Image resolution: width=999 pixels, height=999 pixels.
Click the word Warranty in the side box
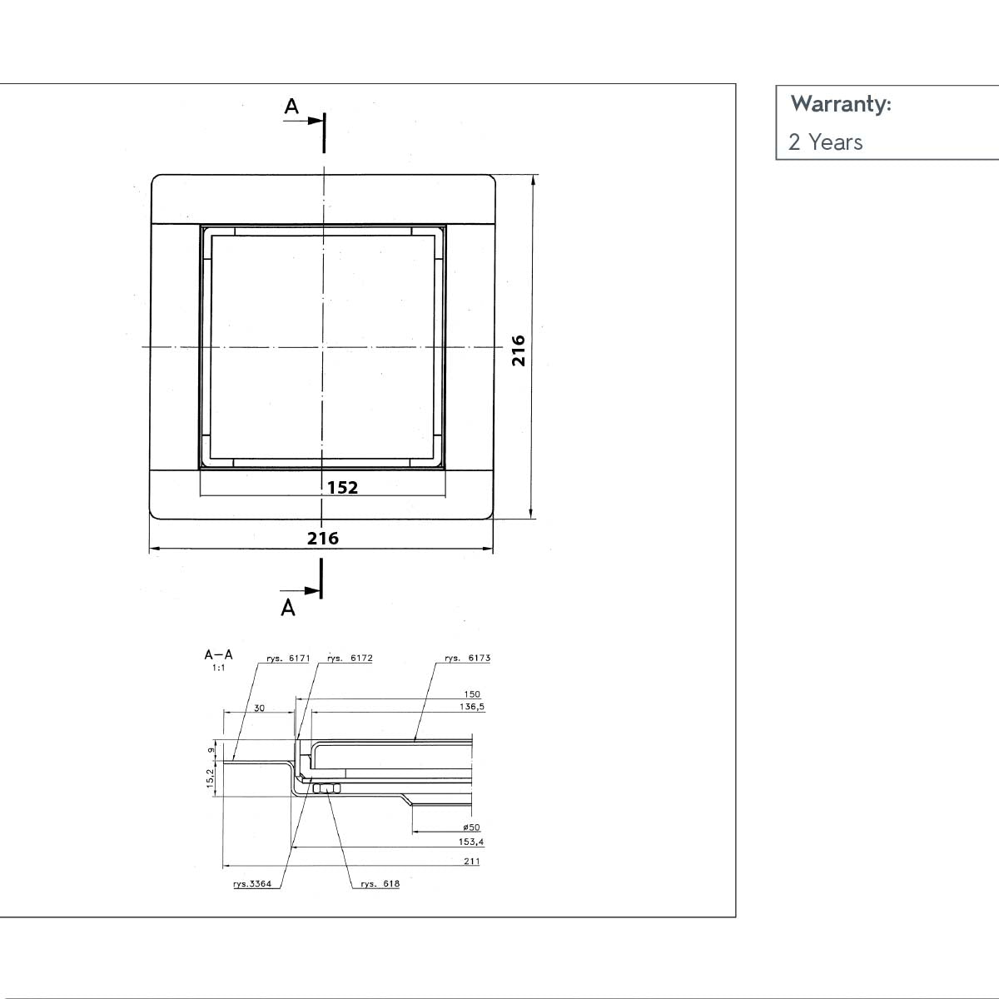840,104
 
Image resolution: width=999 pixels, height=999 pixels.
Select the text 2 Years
825,142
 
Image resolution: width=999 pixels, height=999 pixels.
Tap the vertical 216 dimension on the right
519,350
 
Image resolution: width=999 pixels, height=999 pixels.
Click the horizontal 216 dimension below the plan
323,539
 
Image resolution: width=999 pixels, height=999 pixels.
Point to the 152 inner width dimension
342,488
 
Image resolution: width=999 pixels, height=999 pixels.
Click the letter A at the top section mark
291,107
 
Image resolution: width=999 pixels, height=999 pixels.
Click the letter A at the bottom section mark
288,608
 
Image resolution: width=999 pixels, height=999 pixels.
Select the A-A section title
219,655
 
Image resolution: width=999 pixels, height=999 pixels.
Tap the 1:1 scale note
218,668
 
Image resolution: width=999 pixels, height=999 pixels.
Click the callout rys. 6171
288,659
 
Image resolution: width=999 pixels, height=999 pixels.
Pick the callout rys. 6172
350,659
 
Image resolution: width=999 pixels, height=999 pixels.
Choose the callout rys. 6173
467,659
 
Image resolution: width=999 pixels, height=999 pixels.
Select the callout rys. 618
380,884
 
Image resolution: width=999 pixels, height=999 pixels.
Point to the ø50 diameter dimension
471,828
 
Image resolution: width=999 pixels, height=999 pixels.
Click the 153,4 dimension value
471,842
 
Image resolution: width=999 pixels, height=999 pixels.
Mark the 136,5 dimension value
471,707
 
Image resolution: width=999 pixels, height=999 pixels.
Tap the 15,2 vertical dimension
211,778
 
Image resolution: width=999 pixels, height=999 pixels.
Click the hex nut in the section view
326,788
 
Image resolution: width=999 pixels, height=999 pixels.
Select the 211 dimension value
471,862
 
